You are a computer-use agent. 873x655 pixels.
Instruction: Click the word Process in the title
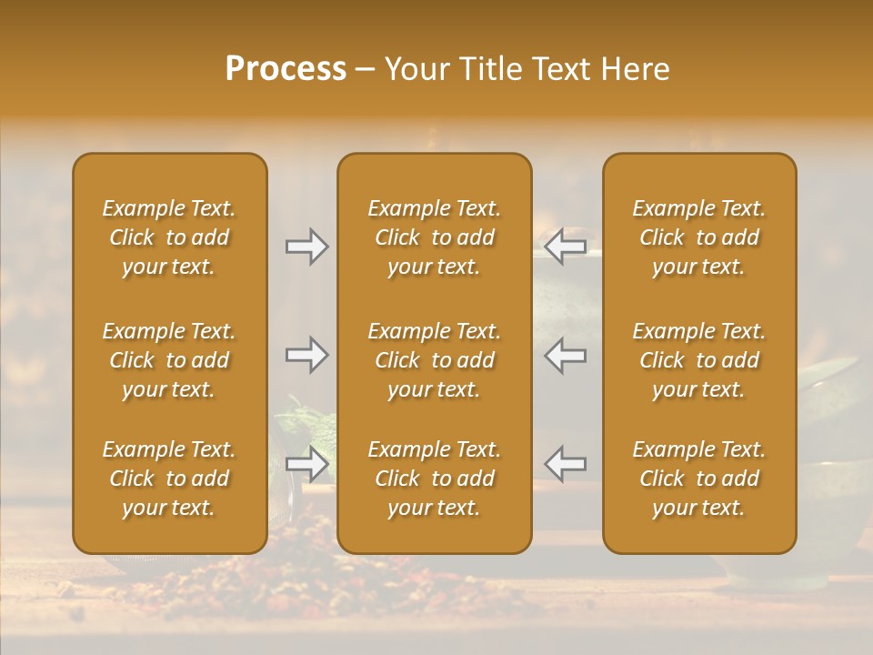(286, 69)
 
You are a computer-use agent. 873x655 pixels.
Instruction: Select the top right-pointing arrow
(306, 247)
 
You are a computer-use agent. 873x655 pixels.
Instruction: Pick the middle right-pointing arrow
(306, 355)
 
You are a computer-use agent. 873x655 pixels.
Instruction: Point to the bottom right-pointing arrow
(306, 464)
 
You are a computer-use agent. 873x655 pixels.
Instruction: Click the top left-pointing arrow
(565, 247)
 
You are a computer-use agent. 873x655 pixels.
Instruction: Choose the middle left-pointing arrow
(565, 355)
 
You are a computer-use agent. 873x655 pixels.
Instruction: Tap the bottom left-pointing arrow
(565, 464)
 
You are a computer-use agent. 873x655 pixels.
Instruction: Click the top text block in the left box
(169, 237)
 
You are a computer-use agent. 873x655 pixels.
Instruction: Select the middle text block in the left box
(169, 360)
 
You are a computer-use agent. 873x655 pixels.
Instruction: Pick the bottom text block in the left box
(169, 479)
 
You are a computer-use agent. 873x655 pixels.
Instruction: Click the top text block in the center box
(434, 237)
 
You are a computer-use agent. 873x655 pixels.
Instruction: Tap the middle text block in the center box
(434, 360)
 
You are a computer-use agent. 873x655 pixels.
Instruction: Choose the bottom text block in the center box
(434, 479)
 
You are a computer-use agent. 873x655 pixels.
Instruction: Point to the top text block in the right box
(699, 237)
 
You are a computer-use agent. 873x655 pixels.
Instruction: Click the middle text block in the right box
(699, 360)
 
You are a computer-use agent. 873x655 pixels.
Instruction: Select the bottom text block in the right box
(699, 479)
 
